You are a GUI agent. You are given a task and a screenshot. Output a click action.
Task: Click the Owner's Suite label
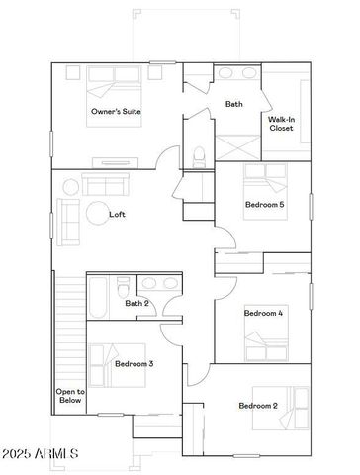pos(116,112)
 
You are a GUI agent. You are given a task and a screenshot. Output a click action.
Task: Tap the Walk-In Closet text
pos(281,124)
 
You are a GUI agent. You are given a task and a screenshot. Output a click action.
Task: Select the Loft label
pos(117,215)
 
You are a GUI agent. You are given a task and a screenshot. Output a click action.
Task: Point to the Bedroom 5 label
pos(265,205)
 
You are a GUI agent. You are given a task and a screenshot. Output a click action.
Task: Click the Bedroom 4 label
pos(264,313)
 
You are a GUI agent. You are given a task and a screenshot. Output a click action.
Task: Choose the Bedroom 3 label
pos(134,364)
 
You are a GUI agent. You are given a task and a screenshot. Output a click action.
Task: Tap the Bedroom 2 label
pos(258,406)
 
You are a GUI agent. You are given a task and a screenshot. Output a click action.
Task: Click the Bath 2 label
pos(136,304)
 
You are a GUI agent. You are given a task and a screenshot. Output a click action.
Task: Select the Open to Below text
pos(69,396)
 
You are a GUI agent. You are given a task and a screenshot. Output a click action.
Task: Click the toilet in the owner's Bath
pos(199,154)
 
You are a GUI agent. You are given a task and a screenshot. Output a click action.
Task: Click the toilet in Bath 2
pos(121,290)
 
